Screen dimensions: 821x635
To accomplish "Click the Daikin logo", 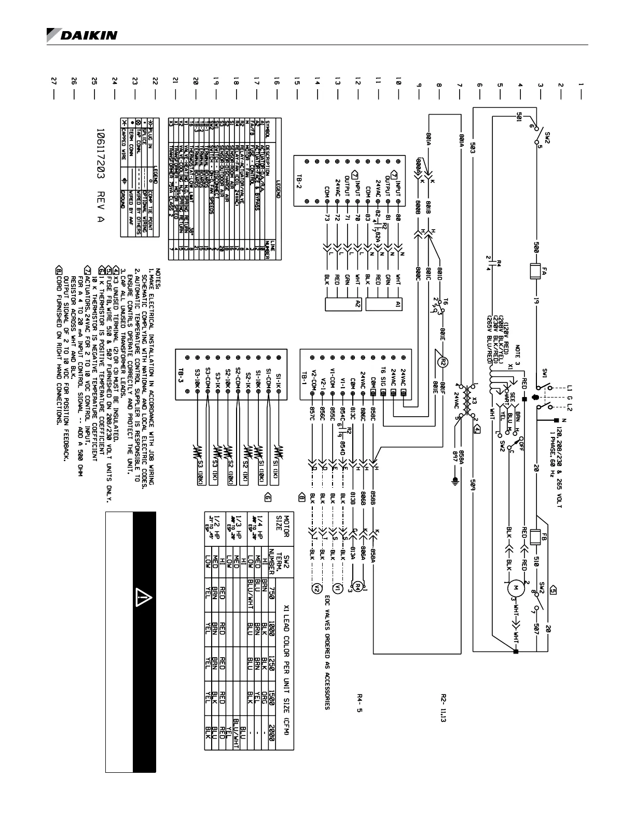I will [x=82, y=35].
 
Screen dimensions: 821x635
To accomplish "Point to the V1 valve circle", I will [x=337, y=588].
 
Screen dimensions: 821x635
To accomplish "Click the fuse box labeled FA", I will [x=536, y=270].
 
